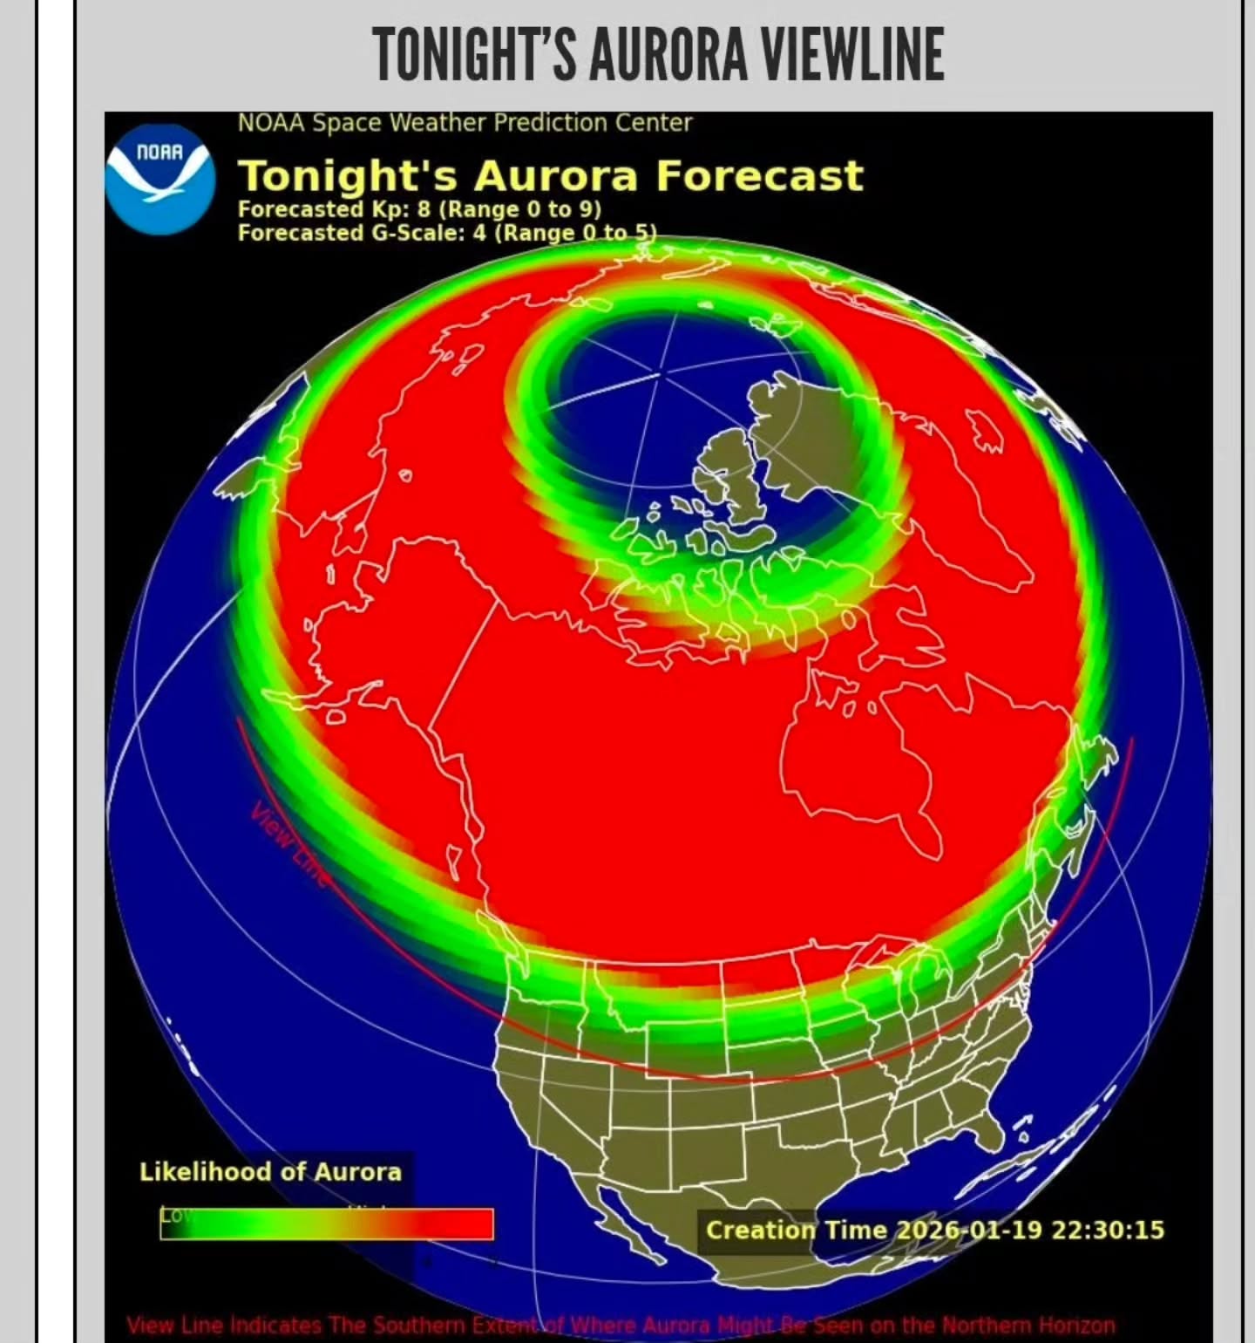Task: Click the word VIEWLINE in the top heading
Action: click(852, 54)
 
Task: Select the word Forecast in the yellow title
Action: click(759, 175)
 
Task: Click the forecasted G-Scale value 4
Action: click(479, 233)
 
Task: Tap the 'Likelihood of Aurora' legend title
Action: click(270, 1171)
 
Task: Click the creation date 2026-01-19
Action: click(969, 1230)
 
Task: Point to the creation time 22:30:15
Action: click(1108, 1230)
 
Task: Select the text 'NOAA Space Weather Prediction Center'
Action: click(465, 123)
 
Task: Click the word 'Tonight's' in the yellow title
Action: click(348, 175)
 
